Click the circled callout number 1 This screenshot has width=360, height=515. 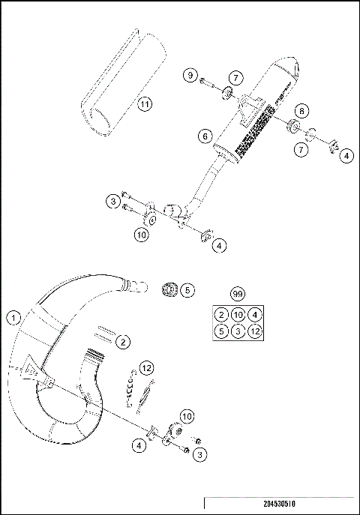[x=13, y=318]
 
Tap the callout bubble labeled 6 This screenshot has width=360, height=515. [x=204, y=136]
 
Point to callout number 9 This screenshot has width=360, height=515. [x=191, y=76]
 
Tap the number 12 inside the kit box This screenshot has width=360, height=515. [x=256, y=331]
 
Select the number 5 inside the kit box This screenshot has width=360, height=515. [x=220, y=331]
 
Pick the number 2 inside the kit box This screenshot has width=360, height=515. [x=220, y=314]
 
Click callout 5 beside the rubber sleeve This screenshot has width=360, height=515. [x=187, y=289]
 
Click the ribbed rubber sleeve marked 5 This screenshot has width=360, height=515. [x=169, y=289]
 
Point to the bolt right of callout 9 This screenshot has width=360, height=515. [x=208, y=78]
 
